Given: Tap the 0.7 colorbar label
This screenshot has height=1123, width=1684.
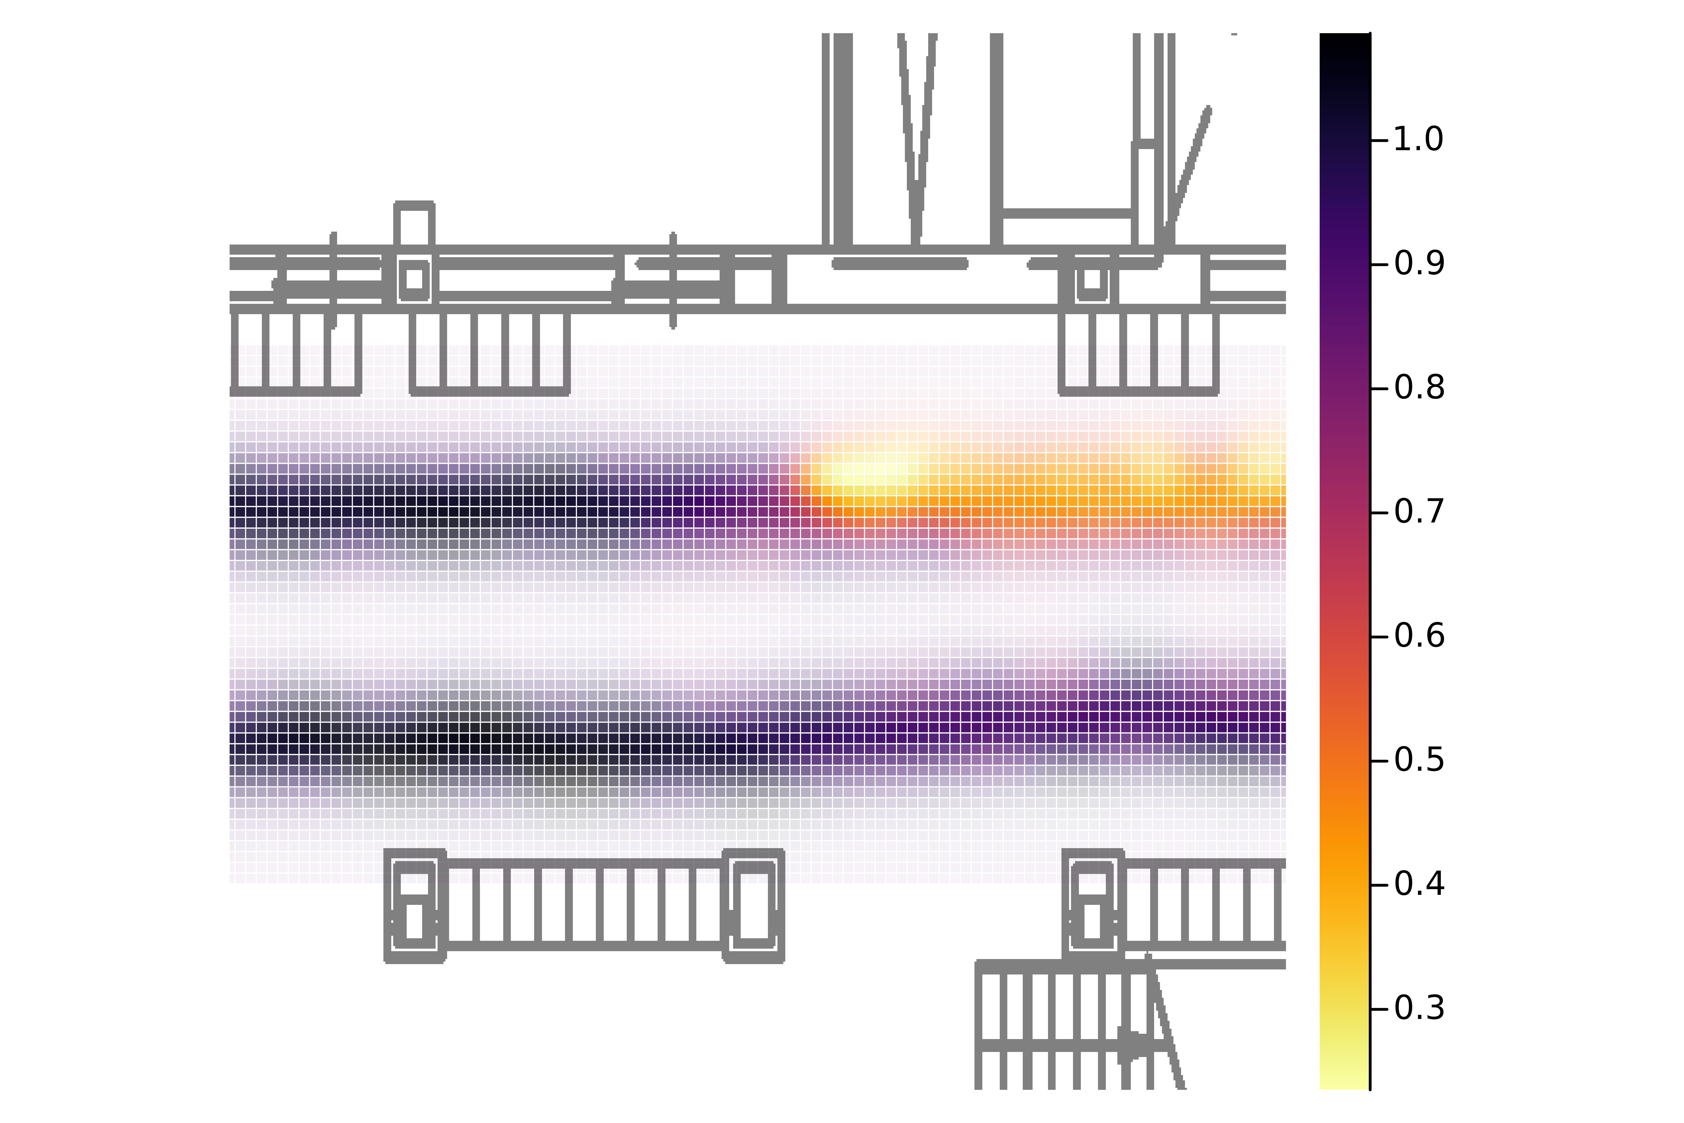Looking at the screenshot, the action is (x=1418, y=512).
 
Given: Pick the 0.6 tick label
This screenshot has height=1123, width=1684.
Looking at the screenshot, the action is (x=1418, y=636).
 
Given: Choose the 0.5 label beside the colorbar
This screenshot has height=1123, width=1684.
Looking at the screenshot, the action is (x=1418, y=760).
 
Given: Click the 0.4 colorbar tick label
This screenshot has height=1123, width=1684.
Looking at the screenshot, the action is (x=1418, y=885).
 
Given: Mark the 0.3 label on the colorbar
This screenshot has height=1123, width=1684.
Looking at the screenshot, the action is (x=1418, y=1008).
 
